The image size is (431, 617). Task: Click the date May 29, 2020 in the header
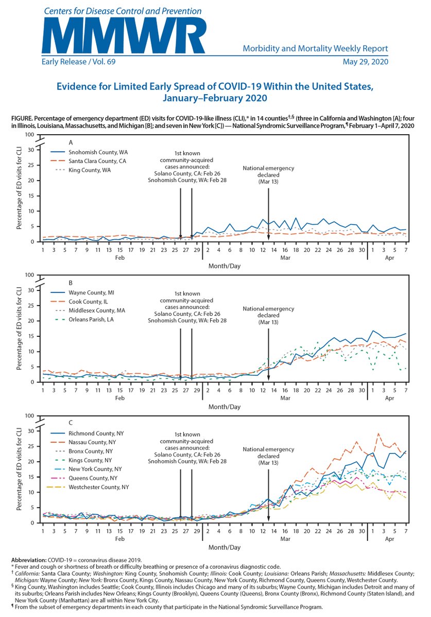[365, 62]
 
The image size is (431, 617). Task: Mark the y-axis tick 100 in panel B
[31, 275]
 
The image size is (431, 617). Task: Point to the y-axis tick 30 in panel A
[32, 150]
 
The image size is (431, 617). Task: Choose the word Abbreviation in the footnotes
[30, 560]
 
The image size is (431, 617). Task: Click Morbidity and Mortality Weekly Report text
[315, 49]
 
